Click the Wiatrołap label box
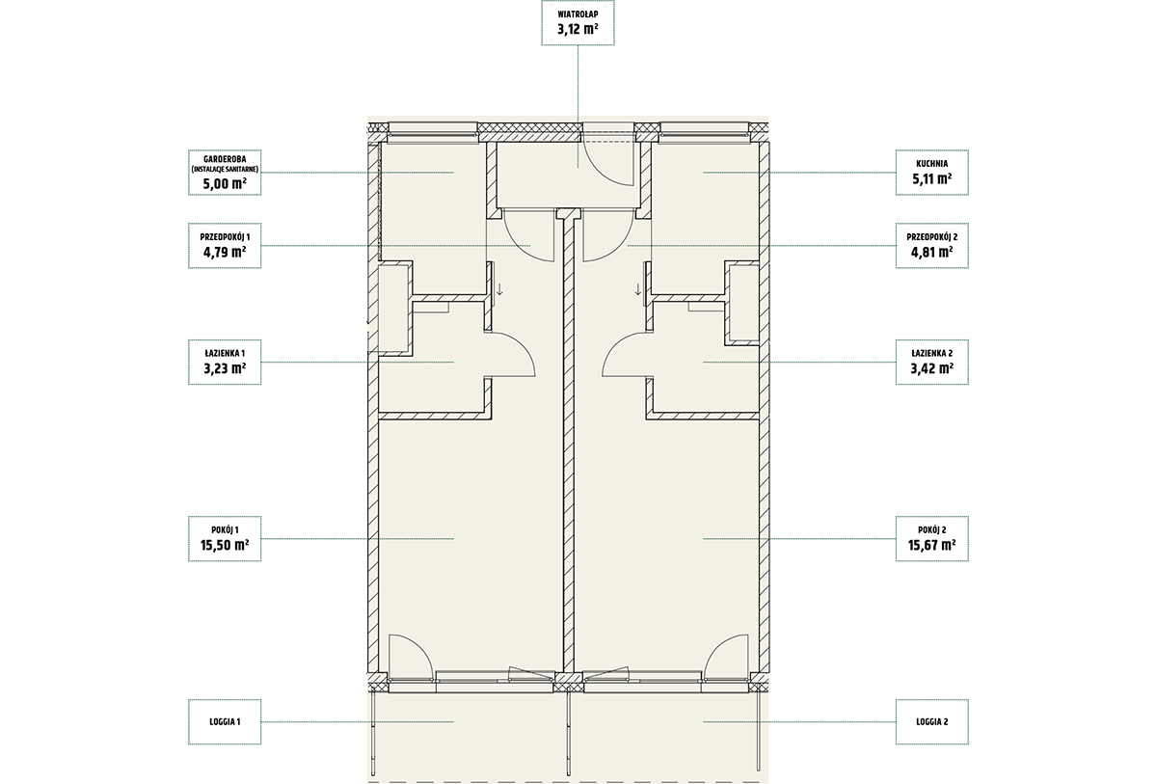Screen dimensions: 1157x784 tap(578, 23)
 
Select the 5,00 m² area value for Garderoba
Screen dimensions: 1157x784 tap(225, 184)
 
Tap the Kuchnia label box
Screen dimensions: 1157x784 tap(931, 173)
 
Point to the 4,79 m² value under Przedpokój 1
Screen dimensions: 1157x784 tap(225, 253)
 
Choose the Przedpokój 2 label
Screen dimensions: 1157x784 tap(931, 237)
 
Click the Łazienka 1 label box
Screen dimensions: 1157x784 tap(225, 362)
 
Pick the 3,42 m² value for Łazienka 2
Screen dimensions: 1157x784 tap(931, 368)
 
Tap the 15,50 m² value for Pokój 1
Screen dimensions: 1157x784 tap(225, 546)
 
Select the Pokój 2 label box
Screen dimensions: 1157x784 tap(931, 539)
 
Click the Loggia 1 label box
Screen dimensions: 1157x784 tap(225, 722)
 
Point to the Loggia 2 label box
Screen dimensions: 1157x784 tap(931, 722)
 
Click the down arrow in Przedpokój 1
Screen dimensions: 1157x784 tap(499, 289)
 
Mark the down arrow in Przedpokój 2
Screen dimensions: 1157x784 tap(638, 289)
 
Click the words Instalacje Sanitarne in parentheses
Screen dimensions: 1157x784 tap(225, 170)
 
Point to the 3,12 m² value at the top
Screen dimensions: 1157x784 tap(578, 29)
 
